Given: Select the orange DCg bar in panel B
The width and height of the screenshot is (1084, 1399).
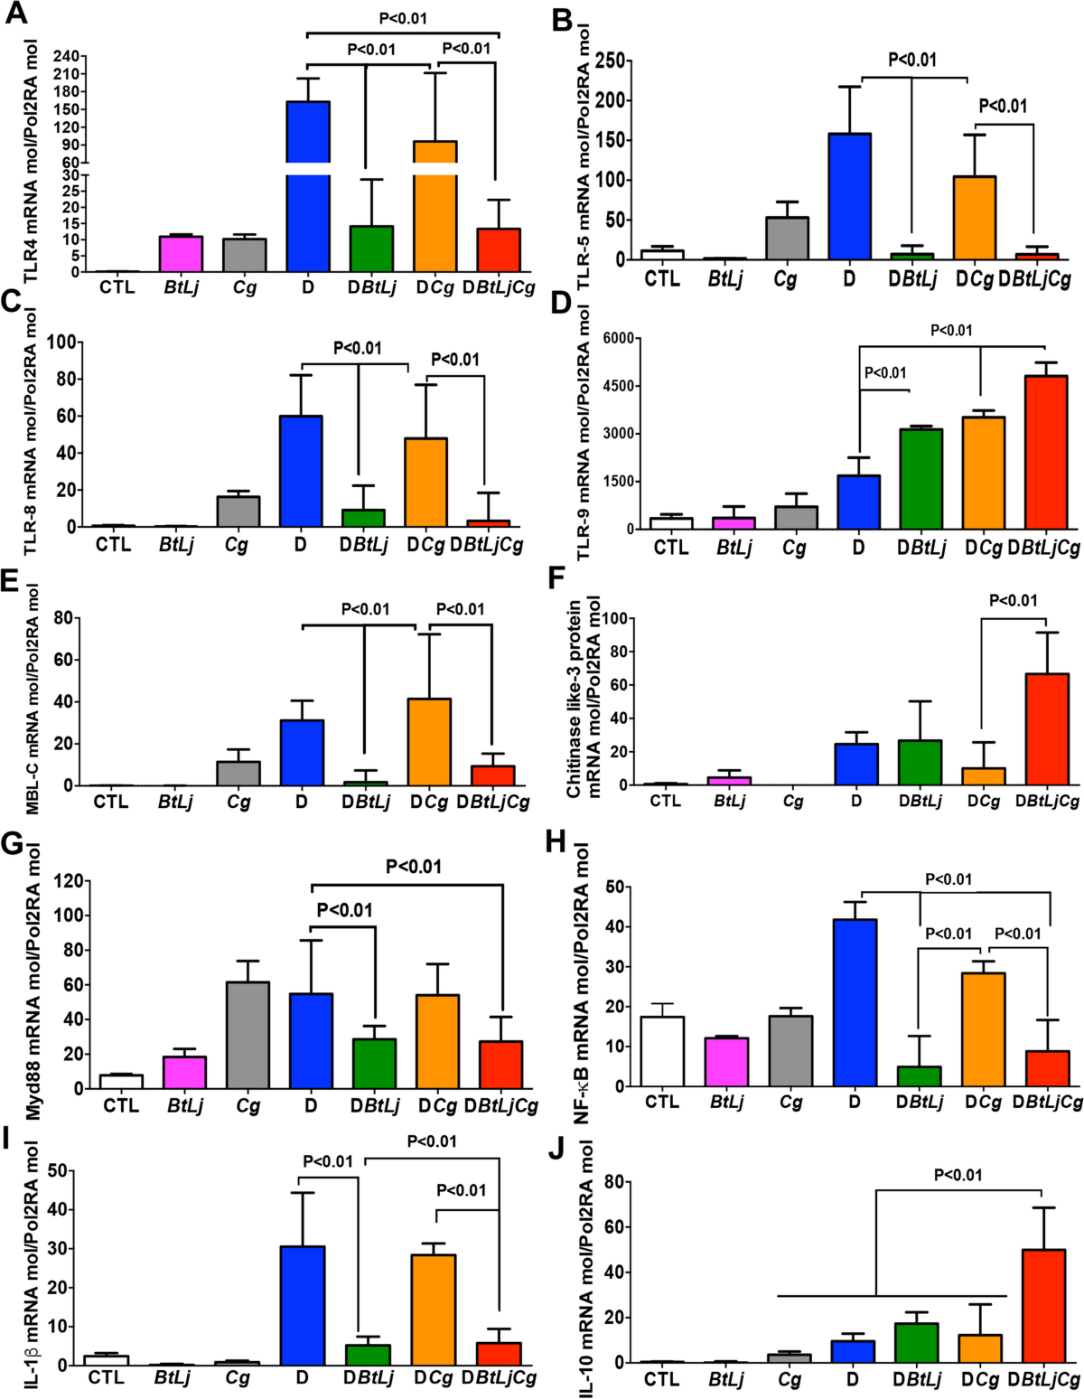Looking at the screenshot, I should point(975,218).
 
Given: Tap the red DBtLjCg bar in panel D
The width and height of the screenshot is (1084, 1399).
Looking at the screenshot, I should point(1046,452).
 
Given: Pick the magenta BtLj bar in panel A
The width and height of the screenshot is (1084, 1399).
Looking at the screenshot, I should point(181,254).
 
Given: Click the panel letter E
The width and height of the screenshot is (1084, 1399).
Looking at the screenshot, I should point(12,580).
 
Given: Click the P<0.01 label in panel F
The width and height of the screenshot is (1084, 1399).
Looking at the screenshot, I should point(1013,600).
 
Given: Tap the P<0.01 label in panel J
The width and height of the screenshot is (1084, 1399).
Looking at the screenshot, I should point(958,1175).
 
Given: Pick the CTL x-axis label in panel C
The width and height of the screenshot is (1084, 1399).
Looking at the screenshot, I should point(113,544).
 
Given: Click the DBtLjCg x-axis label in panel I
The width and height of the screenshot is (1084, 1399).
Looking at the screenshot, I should point(499,1377).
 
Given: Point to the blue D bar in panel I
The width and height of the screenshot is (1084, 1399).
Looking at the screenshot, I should point(303,1305).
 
